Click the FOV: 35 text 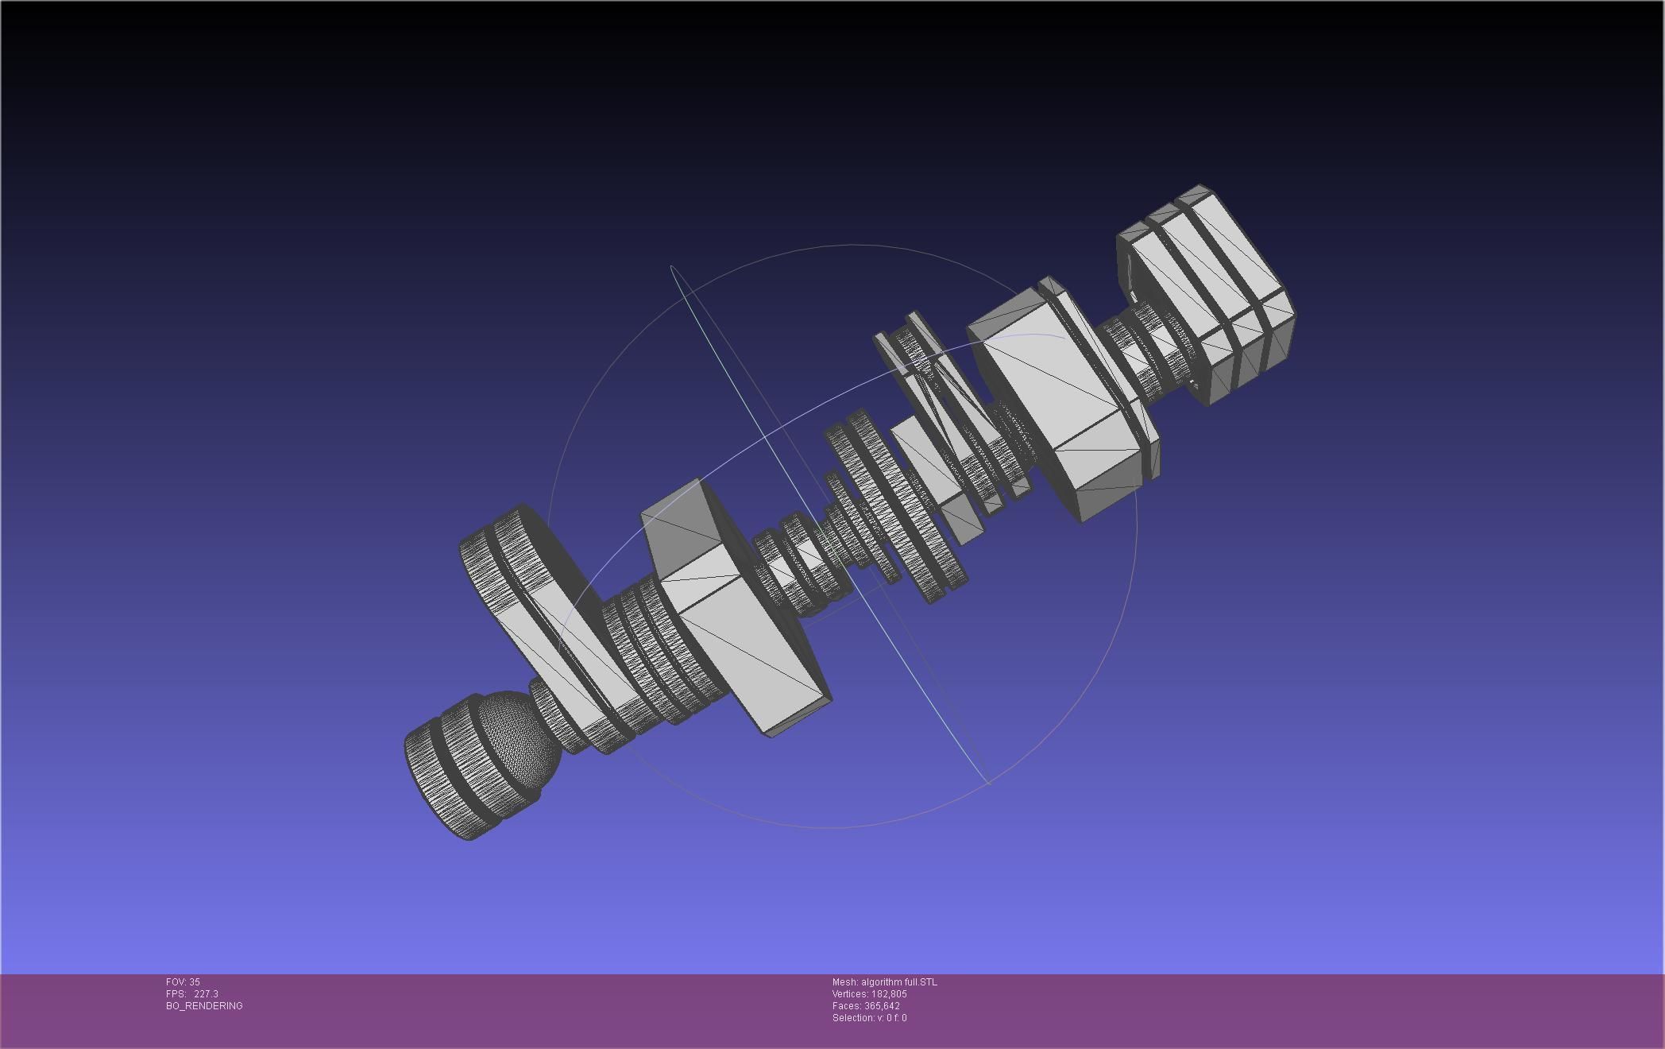click(183, 982)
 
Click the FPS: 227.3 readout click(191, 994)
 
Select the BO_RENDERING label click(204, 1006)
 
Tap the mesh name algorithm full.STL click(884, 982)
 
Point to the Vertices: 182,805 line click(869, 994)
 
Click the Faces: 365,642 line click(866, 1006)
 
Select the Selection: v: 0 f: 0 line click(869, 1018)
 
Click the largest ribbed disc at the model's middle click(898, 509)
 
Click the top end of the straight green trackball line click(672, 267)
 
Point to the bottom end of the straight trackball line click(988, 784)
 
